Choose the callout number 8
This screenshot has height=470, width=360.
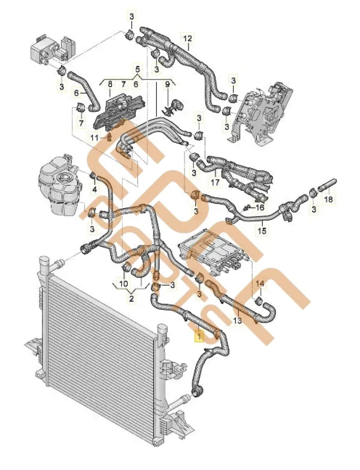pos(110,84)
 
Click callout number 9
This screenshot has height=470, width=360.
pos(167,85)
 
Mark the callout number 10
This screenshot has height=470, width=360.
pos(123,283)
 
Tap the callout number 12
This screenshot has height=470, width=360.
pos(188,39)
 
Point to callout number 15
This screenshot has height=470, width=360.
pos(262,231)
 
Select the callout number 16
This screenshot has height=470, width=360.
pos(259,207)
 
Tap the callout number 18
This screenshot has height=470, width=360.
pos(329,199)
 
